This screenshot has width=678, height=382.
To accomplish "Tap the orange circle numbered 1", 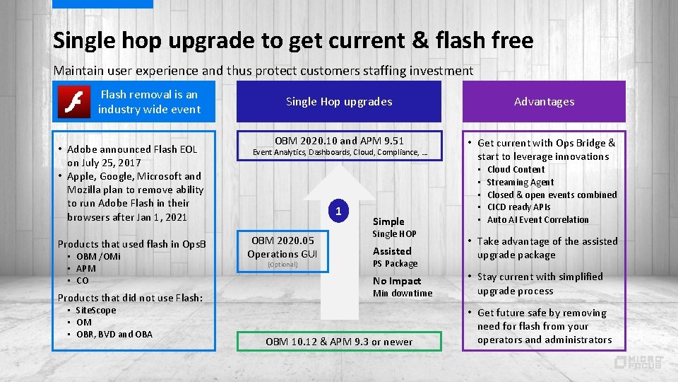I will (339, 211).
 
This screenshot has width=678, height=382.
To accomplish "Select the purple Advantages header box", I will (544, 101).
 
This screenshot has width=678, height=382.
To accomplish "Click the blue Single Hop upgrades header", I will (339, 101).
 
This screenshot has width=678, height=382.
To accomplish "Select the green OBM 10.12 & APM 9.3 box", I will (339, 342).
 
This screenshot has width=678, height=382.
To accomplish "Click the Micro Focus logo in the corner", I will (638, 362).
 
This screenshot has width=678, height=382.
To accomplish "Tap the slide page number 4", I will (16, 364).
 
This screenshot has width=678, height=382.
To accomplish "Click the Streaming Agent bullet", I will (520, 182).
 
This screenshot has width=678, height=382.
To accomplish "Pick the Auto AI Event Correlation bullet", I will (537, 219).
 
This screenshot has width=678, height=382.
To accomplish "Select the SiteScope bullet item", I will (95, 310).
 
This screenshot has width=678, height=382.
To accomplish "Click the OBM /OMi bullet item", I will (98, 256).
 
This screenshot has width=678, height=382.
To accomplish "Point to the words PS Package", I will (395, 264).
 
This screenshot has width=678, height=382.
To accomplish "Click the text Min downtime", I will (402, 294).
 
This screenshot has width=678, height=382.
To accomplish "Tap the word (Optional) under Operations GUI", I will (282, 265).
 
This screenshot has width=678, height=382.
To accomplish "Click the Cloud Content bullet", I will (516, 169).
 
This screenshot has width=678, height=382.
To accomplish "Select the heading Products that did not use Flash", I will (129, 297).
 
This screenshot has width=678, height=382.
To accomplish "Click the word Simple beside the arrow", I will (388, 221).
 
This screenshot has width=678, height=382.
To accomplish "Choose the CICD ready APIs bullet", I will (518, 207).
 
